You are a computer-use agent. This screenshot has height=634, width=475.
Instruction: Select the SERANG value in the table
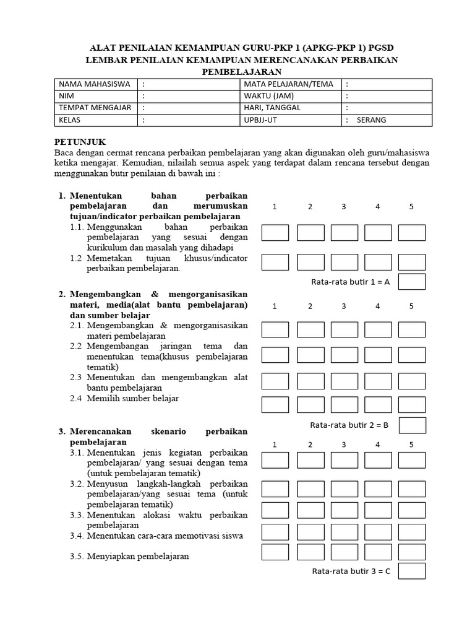coord(371,120)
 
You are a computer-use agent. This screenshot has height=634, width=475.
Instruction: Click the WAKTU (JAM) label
coord(268,97)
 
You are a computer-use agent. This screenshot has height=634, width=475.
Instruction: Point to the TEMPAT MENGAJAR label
coord(95,108)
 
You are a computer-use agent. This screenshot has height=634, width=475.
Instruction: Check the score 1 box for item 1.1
coord(275,233)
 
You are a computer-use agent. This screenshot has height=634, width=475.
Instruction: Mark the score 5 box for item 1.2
coord(411,262)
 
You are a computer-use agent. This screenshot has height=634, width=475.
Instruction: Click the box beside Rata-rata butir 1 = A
coord(411,282)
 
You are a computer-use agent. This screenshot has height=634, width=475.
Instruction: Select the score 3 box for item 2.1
coord(344,329)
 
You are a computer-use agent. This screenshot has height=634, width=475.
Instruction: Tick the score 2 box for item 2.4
coord(310,404)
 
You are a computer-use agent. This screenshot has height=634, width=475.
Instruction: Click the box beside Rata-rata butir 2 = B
coord(412,425)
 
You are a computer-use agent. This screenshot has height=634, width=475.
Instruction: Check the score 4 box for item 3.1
coord(378,460)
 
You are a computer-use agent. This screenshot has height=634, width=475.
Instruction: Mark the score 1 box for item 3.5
coord(275,552)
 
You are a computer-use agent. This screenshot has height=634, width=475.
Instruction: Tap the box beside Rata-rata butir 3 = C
coord(412,571)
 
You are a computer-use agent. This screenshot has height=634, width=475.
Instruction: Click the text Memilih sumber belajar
coord(132,399)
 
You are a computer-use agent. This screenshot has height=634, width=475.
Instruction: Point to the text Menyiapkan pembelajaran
coord(138,556)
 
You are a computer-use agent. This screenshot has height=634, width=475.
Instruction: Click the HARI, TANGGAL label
coord(272,108)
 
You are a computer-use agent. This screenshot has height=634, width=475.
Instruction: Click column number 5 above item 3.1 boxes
coord(411,445)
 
